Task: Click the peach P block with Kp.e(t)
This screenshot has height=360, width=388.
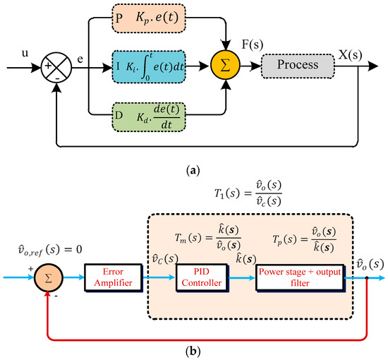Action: (x=149, y=18)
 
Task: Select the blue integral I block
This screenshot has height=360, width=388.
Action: (x=149, y=67)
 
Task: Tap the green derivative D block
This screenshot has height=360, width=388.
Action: (x=149, y=117)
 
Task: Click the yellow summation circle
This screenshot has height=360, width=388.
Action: (x=225, y=66)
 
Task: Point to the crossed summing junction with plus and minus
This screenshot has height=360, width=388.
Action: (x=56, y=67)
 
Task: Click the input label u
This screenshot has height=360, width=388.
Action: (x=25, y=53)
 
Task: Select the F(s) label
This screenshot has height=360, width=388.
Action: (x=252, y=44)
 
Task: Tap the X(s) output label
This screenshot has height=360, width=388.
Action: (x=350, y=55)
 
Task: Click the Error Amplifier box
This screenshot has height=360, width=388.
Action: (x=114, y=277)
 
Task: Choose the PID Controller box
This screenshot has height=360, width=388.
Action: (x=202, y=277)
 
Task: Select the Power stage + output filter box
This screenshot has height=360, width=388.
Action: (x=300, y=277)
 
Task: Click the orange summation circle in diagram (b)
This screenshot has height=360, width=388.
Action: (x=49, y=278)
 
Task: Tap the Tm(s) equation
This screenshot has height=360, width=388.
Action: (x=208, y=238)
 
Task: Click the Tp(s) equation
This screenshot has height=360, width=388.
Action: (x=304, y=239)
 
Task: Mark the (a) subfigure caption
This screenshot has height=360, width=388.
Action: (x=193, y=171)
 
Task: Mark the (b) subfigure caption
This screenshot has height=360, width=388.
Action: (x=193, y=351)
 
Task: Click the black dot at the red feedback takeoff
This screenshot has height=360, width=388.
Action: (x=367, y=278)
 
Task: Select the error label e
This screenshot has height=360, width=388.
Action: (x=80, y=59)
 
